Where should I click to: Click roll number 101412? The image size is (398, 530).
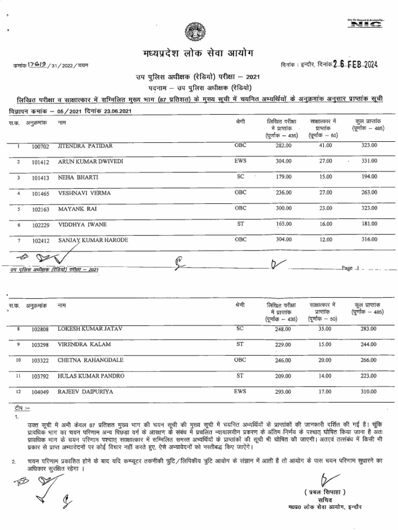point(40,162)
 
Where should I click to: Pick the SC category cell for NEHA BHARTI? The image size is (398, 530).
point(240,177)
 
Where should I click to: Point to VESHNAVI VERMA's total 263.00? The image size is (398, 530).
point(369,193)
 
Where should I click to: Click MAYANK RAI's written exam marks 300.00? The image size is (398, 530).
point(283,209)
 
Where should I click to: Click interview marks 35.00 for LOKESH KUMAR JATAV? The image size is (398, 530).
point(325,328)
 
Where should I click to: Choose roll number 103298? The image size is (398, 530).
point(40,345)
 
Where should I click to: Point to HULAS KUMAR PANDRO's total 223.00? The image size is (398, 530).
point(369,375)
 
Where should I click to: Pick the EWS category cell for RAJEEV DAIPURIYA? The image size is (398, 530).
point(240,391)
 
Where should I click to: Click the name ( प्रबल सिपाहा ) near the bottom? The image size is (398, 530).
point(325,491)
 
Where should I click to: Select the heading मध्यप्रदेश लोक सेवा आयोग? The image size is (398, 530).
point(199,54)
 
